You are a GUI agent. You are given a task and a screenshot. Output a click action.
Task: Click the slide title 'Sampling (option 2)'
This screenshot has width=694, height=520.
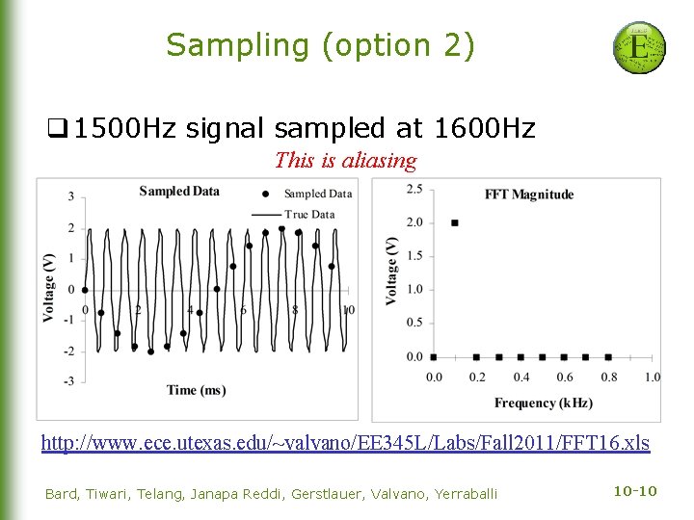320,45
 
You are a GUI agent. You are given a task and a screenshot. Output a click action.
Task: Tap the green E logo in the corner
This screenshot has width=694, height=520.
639,48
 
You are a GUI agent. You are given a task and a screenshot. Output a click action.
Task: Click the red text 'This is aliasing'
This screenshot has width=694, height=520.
345,161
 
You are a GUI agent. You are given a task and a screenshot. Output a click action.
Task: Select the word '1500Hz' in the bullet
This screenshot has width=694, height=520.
124,128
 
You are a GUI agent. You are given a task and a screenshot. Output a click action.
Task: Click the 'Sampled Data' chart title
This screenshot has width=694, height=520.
179,191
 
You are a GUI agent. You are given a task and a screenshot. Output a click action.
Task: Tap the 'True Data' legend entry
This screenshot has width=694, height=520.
309,214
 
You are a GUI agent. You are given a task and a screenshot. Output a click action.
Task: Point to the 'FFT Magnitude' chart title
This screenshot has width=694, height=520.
528,195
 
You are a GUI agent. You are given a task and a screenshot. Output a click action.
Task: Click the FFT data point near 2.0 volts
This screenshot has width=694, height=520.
455,222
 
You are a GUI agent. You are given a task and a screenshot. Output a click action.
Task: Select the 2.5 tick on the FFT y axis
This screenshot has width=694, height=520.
414,189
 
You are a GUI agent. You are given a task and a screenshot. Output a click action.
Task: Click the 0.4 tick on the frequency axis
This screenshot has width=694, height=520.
520,377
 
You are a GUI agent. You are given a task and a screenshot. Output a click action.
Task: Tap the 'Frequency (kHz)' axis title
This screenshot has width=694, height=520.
543,403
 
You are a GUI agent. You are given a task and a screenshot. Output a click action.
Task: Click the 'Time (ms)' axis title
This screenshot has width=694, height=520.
196,390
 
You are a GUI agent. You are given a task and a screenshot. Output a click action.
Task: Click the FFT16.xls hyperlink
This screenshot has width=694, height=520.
345,443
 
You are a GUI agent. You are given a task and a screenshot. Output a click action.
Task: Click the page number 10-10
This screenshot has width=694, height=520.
634,492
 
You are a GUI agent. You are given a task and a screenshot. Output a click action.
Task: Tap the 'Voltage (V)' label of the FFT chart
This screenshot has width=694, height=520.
391,271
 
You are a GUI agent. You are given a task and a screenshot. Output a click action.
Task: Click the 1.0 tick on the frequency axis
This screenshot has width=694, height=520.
652,377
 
